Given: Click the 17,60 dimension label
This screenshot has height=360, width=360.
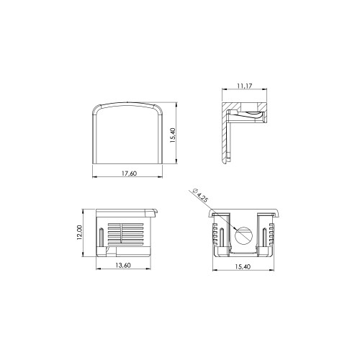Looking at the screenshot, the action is point(129,174).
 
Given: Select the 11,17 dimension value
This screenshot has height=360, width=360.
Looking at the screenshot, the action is point(245,86).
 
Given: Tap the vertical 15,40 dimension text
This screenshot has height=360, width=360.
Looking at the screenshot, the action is point(173,135).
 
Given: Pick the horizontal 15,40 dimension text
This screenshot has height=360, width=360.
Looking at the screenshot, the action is point(243,266).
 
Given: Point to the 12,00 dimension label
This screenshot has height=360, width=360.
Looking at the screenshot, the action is point(80,233).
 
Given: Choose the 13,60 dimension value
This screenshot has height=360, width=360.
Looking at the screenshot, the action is point(123,265).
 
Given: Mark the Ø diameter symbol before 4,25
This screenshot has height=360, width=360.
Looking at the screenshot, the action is point(194,192).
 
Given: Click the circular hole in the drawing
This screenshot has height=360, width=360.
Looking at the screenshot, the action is point(244,235).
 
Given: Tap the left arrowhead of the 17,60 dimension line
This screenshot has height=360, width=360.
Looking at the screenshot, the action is point(94,177).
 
